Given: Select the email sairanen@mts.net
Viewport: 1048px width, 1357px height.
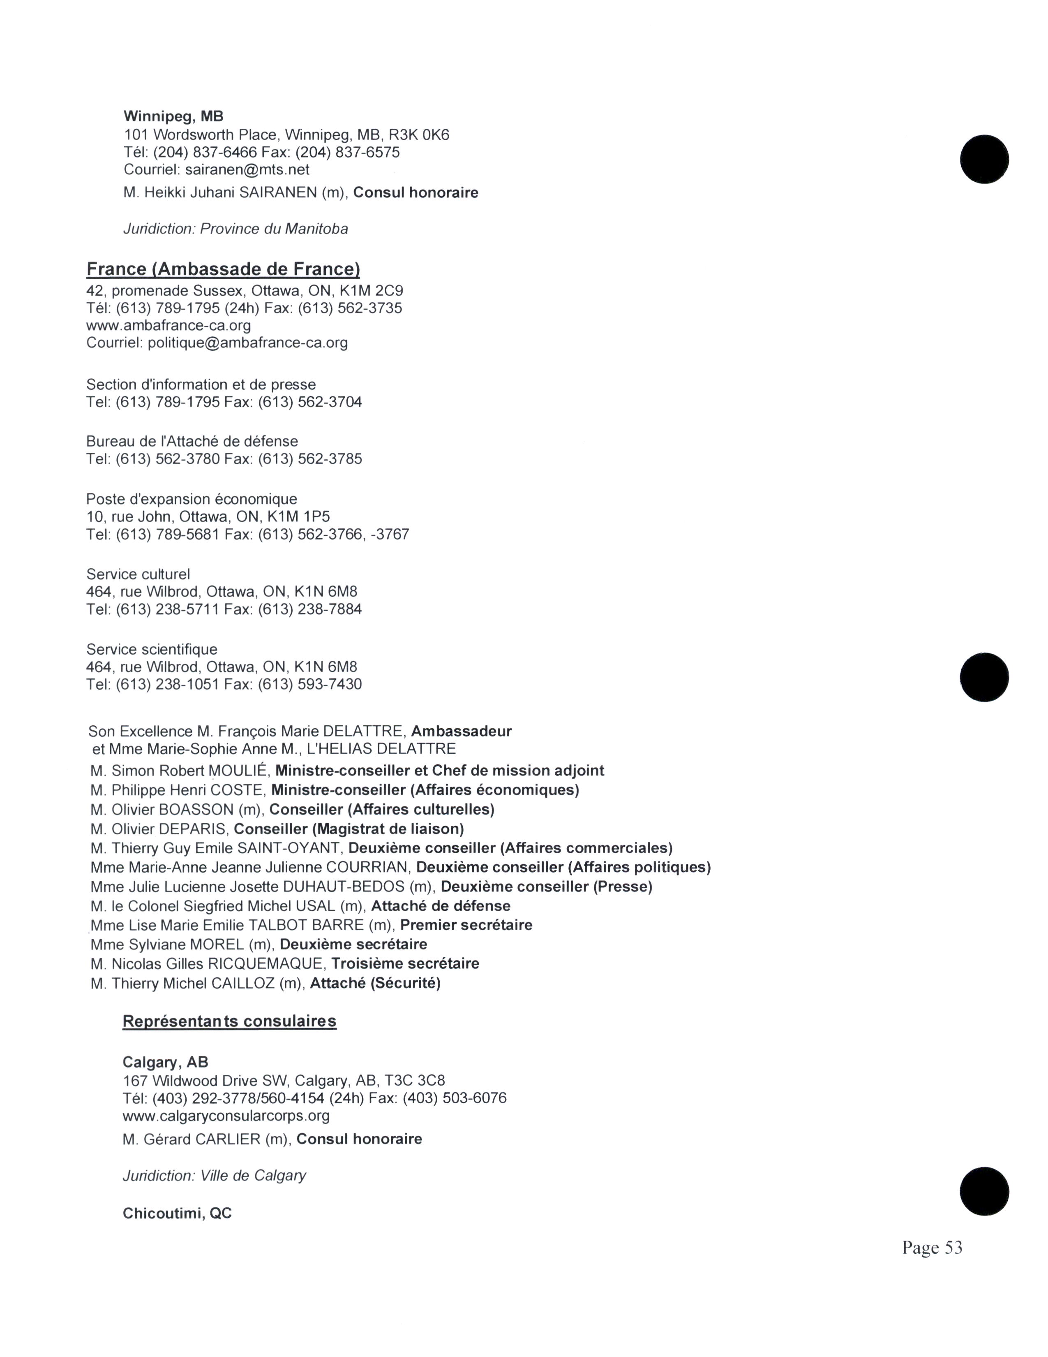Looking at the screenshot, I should (x=247, y=169).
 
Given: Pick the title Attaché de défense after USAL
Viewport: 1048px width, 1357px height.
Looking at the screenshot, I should (x=441, y=906).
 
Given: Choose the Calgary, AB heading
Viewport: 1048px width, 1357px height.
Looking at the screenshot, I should (x=165, y=1062).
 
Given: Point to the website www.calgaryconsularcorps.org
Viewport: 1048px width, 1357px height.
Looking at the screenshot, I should (x=226, y=1115).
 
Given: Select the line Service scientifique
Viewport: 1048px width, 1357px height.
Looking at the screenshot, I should (x=152, y=649).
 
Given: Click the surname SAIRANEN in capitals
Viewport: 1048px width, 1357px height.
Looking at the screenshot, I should (x=278, y=192).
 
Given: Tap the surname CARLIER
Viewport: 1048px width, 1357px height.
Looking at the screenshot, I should (x=227, y=1139).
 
